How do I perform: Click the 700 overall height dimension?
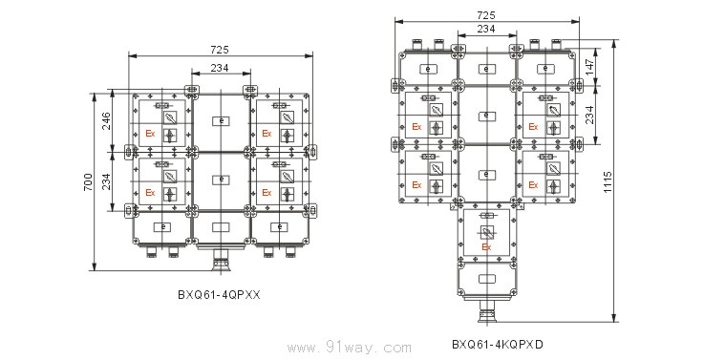tap(89, 182)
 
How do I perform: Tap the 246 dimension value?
tap(106, 121)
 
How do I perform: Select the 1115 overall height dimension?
tap(608, 181)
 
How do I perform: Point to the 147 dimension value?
tap(589, 67)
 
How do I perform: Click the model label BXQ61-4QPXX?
tap(219, 295)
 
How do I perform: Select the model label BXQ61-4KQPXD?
tap(498, 345)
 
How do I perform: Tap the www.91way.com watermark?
tap(350, 348)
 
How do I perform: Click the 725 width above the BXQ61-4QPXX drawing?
tap(220, 50)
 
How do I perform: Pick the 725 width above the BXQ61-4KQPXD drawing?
tap(486, 15)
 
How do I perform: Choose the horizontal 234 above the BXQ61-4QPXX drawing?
tap(220, 68)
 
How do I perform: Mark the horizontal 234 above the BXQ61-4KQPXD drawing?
tap(486, 29)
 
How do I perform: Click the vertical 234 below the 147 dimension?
tap(589, 115)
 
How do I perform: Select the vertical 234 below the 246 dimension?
tap(106, 181)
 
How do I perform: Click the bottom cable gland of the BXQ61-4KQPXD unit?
tap(488, 311)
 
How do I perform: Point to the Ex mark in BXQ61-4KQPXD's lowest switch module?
tap(486, 247)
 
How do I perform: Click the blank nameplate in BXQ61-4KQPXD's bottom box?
tap(486, 279)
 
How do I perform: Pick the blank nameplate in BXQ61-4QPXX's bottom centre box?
tap(222, 227)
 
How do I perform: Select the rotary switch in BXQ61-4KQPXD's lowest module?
tap(486, 232)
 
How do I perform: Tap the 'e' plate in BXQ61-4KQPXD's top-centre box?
tap(486, 69)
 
